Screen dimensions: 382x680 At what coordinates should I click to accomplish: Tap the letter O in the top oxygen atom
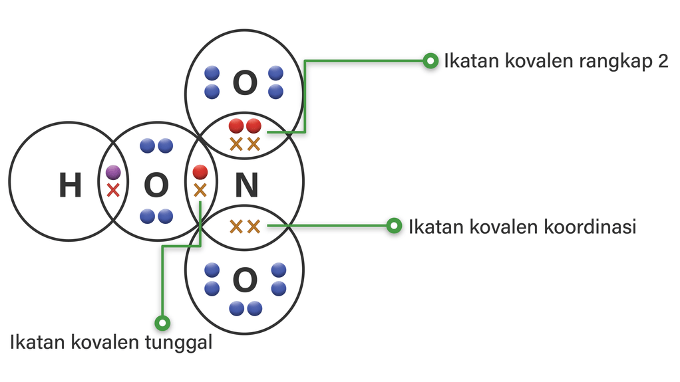pyautogui.click(x=244, y=83)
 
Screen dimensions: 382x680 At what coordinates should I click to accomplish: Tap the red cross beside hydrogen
pyautogui.click(x=113, y=191)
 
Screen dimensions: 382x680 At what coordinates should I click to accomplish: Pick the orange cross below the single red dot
pyautogui.click(x=200, y=191)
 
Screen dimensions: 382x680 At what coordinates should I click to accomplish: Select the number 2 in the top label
pyautogui.click(x=663, y=62)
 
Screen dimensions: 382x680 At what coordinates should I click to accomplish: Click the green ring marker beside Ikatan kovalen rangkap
pyautogui.click(x=430, y=61)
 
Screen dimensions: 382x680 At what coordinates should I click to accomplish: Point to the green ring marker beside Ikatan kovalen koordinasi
pyautogui.click(x=395, y=226)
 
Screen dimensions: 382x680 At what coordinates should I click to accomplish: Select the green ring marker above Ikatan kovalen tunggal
pyautogui.click(x=162, y=324)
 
